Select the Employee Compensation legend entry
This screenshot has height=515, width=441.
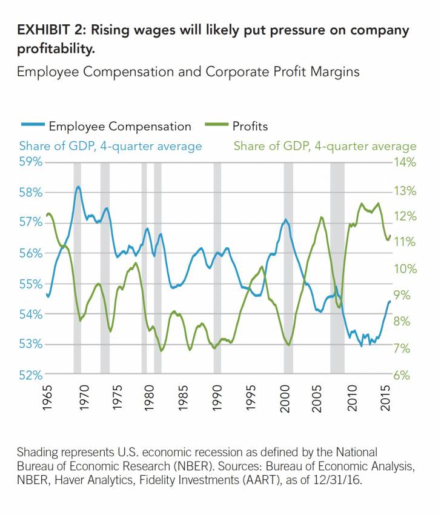pyautogui.click(x=119, y=126)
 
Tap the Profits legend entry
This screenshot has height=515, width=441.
pyautogui.click(x=250, y=126)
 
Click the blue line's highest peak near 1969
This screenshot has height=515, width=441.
pyautogui.click(x=78, y=187)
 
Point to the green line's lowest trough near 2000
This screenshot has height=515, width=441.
pyautogui.click(x=289, y=345)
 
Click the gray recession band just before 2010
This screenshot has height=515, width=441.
pyautogui.click(x=337, y=267)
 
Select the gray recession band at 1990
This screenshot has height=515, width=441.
pyautogui.click(x=217, y=267)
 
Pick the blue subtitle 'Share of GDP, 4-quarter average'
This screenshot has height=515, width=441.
pyautogui.click(x=111, y=146)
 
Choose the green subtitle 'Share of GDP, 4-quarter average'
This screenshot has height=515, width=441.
pyautogui.click(x=325, y=146)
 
